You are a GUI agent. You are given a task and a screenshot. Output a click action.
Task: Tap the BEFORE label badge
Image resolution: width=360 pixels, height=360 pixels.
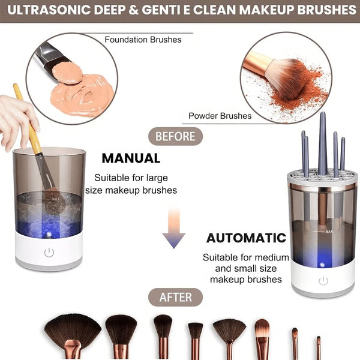tap(175, 137)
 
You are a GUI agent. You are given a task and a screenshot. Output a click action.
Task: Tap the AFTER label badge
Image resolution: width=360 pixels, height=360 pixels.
tap(175, 297)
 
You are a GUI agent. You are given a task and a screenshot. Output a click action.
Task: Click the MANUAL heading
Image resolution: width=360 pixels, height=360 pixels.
tap(131, 158)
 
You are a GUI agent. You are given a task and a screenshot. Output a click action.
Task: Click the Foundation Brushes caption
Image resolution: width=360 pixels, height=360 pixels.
tap(143, 40)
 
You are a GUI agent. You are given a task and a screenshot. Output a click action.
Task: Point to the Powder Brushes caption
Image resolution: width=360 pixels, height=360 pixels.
tap(220, 116)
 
